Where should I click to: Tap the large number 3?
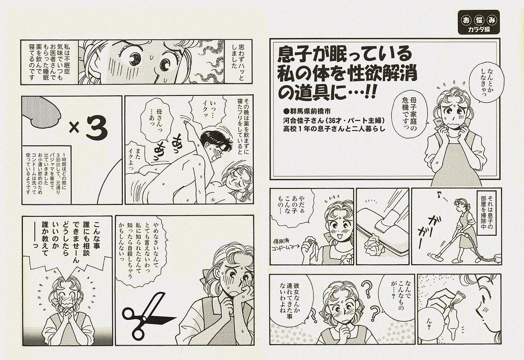point(97,128)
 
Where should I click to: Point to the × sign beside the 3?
point(75,128)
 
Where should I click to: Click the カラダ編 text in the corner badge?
point(479,29)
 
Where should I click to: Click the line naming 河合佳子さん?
point(334,120)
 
